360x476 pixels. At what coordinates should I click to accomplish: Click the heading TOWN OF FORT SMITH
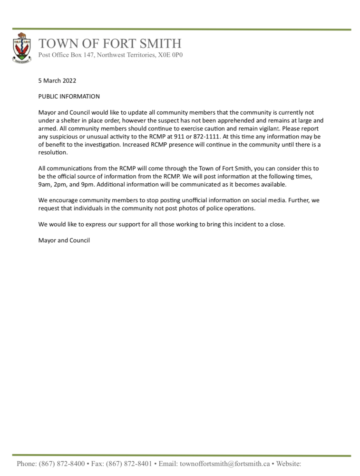110,44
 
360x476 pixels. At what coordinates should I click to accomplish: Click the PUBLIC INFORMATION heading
69,97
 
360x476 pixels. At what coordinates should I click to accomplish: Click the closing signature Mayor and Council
64,240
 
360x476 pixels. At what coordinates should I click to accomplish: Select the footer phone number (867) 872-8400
62,464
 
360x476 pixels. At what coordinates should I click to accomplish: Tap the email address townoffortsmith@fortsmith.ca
224,464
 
